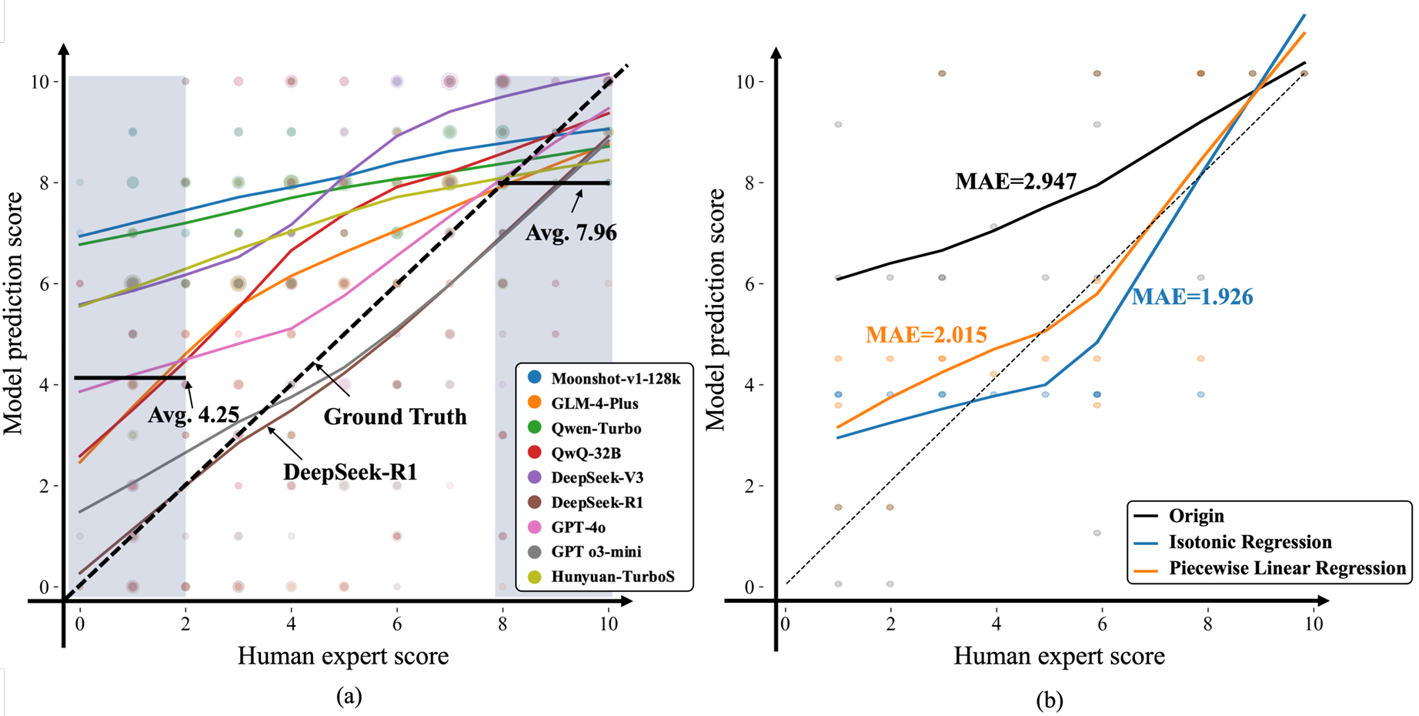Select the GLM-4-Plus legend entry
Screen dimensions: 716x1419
[x=594, y=403]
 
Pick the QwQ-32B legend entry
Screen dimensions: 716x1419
[x=586, y=453]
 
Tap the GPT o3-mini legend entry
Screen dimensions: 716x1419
[x=596, y=551]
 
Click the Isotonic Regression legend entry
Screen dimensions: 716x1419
[x=1250, y=542]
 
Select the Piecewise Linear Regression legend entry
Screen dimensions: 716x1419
[x=1287, y=568]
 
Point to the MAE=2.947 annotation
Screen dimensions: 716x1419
[x=1016, y=182]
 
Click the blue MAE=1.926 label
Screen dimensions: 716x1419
[x=1192, y=297]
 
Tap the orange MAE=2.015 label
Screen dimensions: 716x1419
[x=926, y=335]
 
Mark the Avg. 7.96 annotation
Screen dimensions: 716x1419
[x=571, y=233]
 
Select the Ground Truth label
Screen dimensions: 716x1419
[x=395, y=417]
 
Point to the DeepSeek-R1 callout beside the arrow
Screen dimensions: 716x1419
[x=350, y=471]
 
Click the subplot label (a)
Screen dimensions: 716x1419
[x=349, y=697]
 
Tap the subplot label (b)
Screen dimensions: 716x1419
[x=1050, y=700]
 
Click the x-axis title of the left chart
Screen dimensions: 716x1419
[x=343, y=656]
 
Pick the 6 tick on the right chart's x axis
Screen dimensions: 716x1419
[x=1102, y=624]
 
